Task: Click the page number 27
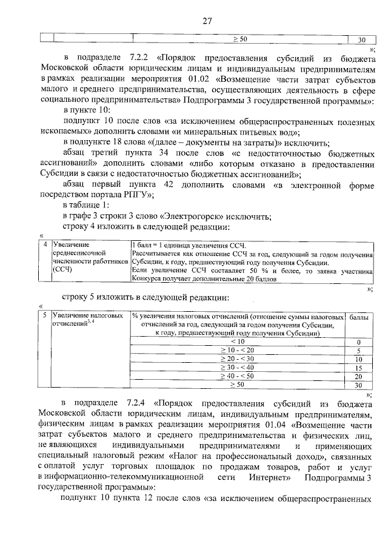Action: tap(206, 21)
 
